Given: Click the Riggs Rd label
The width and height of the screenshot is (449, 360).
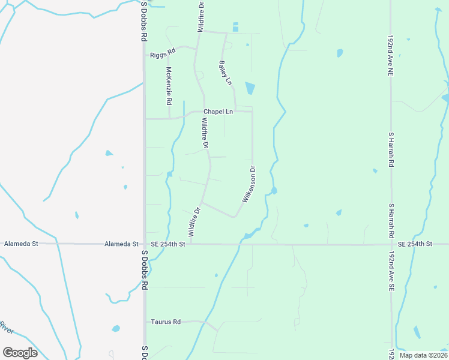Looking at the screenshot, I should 163,53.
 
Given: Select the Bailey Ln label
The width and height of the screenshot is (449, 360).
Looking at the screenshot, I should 225,73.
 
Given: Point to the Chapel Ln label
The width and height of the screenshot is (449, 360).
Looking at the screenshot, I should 218,112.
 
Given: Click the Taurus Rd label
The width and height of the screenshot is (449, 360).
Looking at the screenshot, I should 166,322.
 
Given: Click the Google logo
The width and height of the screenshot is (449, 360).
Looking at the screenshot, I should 20,352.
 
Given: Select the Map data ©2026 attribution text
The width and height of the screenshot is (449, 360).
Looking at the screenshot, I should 423,355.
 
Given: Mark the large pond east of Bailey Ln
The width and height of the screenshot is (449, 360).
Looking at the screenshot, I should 250,89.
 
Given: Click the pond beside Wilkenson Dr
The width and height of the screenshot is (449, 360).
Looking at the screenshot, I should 274,191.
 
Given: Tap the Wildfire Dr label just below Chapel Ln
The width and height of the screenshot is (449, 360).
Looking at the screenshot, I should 205,133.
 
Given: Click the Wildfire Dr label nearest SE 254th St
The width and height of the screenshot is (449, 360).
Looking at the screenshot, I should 193,221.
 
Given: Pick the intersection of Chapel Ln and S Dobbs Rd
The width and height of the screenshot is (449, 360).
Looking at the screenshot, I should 145,119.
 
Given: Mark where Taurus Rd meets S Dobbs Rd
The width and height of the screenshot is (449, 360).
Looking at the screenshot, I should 145,322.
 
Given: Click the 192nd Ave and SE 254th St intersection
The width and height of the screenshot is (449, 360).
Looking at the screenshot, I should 391,244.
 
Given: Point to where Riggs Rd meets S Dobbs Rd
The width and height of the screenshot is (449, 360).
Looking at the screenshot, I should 145,55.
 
